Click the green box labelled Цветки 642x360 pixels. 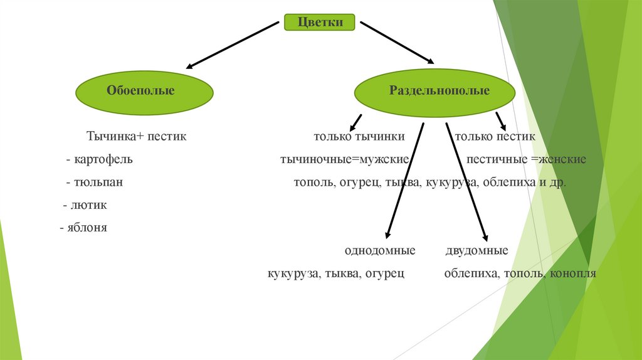coord(320,23)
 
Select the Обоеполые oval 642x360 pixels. coord(145,91)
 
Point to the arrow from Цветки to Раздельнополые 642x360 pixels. coord(397,43)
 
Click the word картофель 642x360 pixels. coord(103,159)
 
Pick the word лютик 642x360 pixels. coord(90,205)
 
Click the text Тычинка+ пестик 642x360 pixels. coord(136,136)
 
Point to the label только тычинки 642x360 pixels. coord(359,136)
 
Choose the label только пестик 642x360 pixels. coord(495,136)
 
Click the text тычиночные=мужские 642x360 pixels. coord(345,159)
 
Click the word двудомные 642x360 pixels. coord(476,251)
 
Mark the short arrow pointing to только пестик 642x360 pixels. coord(501,121)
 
